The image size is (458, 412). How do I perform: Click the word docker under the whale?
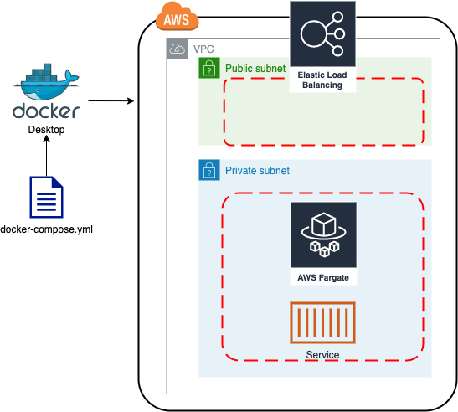pos(46,111)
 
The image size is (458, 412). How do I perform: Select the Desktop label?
pos(46,130)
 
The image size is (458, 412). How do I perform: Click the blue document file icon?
pos(46,197)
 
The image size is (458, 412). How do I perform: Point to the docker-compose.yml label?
pos(46,229)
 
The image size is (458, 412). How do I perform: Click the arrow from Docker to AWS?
pos(111,101)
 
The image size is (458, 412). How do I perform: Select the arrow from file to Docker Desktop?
pos(46,156)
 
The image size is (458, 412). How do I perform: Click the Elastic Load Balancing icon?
pos(322,34)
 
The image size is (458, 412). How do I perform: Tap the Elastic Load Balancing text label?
pos(322,80)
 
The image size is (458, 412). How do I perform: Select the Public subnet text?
pos(255,68)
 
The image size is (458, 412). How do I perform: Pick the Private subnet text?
pos(257,171)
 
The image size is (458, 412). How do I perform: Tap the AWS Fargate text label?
pos(322,277)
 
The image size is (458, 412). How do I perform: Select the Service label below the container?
pos(322,355)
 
